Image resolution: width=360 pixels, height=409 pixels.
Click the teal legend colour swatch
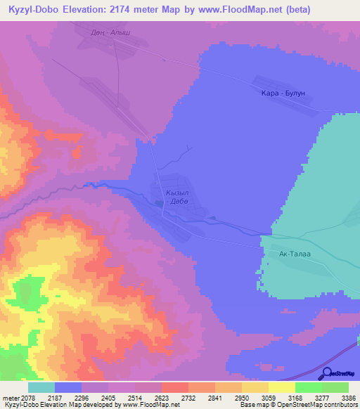(x=41, y=387)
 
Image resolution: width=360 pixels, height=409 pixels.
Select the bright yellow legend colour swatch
(x=282, y=387)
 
